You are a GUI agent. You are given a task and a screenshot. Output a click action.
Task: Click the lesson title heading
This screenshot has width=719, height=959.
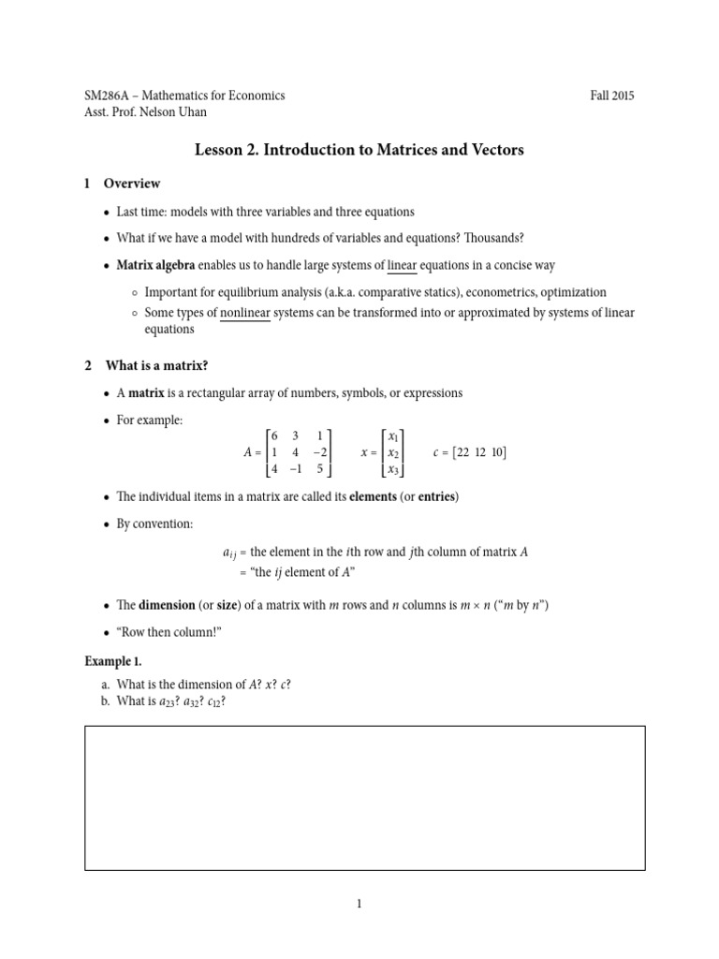click(359, 149)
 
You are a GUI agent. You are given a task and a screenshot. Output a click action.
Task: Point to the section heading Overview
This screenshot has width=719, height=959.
click(132, 184)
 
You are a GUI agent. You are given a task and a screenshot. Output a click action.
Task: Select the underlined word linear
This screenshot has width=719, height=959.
click(402, 266)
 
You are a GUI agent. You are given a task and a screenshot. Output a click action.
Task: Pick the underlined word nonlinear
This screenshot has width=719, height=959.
click(245, 313)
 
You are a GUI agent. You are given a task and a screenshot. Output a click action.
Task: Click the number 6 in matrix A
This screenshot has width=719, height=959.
click(274, 435)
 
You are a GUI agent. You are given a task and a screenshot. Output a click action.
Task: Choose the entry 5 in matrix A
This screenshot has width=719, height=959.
click(319, 469)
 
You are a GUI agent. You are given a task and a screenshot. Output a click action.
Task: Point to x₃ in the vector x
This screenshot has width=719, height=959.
click(393, 470)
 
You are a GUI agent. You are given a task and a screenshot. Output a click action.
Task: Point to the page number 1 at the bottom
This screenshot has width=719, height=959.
click(359, 904)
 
